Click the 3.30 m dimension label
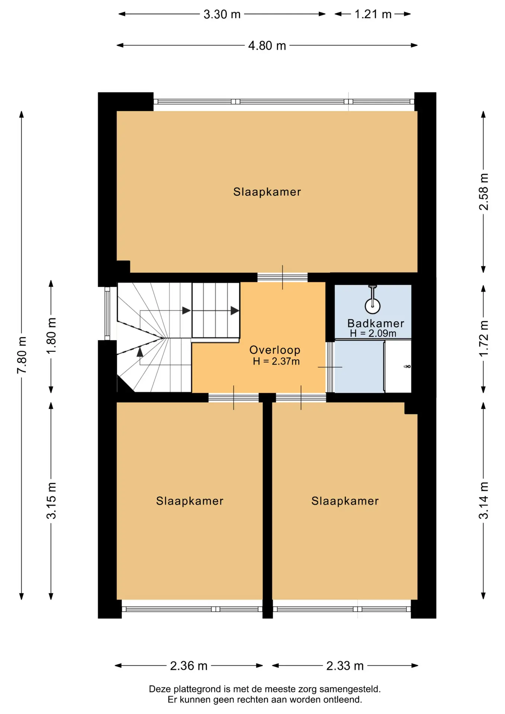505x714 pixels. tap(222, 15)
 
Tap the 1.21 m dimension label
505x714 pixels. tap(373, 15)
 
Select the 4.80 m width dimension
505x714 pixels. tap(267, 46)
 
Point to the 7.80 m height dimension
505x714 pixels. tap(22, 355)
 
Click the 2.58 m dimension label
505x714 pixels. tap(483, 192)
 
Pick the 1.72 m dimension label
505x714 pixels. tap(483, 338)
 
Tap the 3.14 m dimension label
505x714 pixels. tap(483, 500)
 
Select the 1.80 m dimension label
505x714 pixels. tap(51, 336)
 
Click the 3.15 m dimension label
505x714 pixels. tap(51, 501)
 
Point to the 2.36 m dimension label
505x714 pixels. tap(189, 666)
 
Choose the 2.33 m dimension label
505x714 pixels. tap(345, 666)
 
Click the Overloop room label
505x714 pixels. tap(275, 350)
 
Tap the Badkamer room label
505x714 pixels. tap(376, 324)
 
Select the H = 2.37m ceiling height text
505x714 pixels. tap(276, 361)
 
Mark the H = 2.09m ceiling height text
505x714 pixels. tap(373, 334)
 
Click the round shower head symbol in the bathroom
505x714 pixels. tap(373, 306)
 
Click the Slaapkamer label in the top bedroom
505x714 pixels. tap(267, 192)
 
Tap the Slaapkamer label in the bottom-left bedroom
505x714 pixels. tap(190, 501)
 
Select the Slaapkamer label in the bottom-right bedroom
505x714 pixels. tap(345, 501)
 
